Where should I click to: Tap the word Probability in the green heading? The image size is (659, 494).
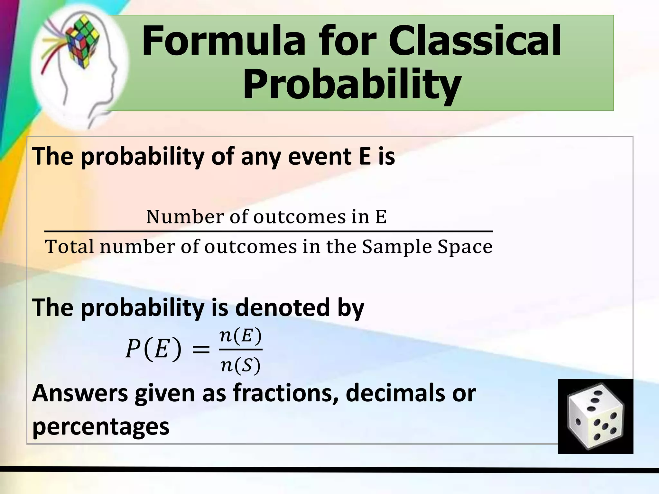(352, 84)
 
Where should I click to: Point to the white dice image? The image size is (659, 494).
(595, 416)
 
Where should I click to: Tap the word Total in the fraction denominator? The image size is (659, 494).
(70, 247)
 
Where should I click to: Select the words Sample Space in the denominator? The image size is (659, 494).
(427, 247)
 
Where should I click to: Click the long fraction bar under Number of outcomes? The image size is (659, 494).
(268, 231)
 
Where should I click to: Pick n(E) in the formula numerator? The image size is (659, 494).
(240, 336)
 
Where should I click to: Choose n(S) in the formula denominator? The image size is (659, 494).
(240, 365)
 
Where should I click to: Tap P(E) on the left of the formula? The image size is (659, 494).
(153, 349)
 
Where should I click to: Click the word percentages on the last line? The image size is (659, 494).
(101, 427)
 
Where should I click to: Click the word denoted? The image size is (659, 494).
(283, 307)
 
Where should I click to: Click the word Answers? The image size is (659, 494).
(80, 393)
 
